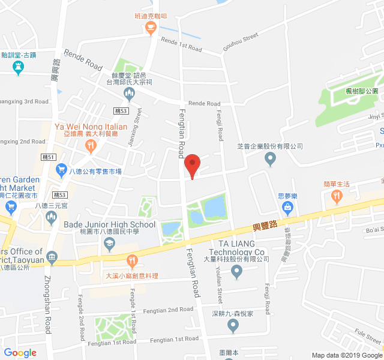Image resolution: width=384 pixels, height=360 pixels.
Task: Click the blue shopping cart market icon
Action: click(61, 171)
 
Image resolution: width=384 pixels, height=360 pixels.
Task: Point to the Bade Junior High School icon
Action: click(109, 242)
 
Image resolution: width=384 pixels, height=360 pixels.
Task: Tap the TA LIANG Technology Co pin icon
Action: click(236, 273)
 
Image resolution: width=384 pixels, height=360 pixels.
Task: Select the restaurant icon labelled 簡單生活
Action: click(337, 196)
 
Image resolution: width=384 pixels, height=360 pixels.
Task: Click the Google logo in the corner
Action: click(20, 353)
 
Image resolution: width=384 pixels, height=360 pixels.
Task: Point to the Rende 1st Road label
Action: click(181, 43)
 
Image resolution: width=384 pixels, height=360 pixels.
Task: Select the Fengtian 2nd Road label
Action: click(168, 310)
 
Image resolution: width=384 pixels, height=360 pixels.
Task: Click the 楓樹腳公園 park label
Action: click(362, 91)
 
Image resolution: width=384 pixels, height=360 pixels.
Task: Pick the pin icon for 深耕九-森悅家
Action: click(233, 326)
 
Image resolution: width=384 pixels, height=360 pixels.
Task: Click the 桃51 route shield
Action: click(49, 157)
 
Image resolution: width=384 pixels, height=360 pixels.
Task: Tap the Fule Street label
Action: click(368, 333)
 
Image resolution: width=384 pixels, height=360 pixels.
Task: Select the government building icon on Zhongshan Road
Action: click(52, 258)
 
